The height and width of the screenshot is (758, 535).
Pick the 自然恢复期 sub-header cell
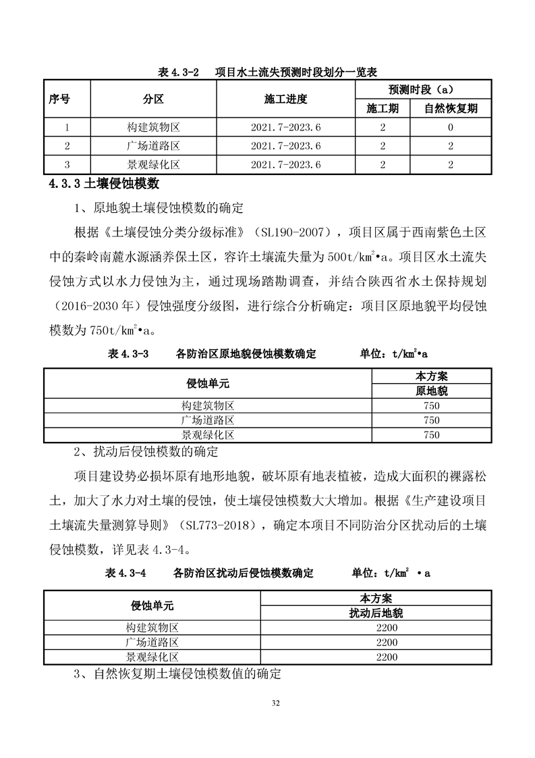[450, 108]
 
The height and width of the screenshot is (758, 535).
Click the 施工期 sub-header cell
[383, 108]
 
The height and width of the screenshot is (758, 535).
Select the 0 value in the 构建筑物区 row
[450, 127]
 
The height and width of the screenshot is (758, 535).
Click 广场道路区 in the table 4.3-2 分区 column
[153, 146]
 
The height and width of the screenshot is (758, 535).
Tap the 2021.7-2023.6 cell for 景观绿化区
[285, 164]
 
